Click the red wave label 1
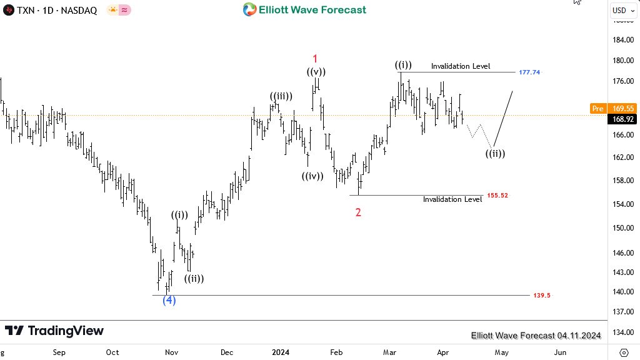[316, 58]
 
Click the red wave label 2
[358, 212]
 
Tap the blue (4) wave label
[169, 300]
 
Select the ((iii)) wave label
[281, 96]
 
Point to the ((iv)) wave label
[312, 176]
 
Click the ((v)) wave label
[316, 72]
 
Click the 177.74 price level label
[529, 72]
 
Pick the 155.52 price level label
[497, 196]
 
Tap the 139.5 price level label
[542, 295]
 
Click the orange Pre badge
[597, 109]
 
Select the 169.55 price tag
[622, 109]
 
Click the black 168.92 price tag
[622, 119]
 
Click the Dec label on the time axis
[227, 352]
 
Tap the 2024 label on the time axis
[281, 352]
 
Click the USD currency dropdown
[622, 10]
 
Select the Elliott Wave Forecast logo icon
[249, 9]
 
